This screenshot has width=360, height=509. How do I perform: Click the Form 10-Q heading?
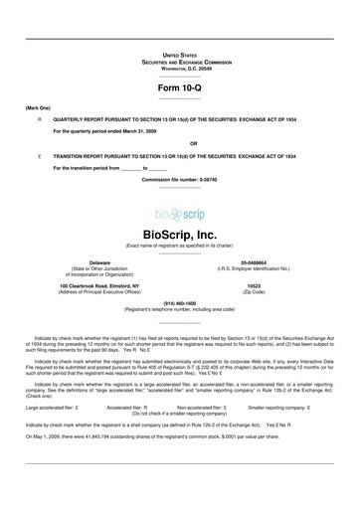[180, 90]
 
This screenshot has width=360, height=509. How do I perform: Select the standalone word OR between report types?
[179, 141]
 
